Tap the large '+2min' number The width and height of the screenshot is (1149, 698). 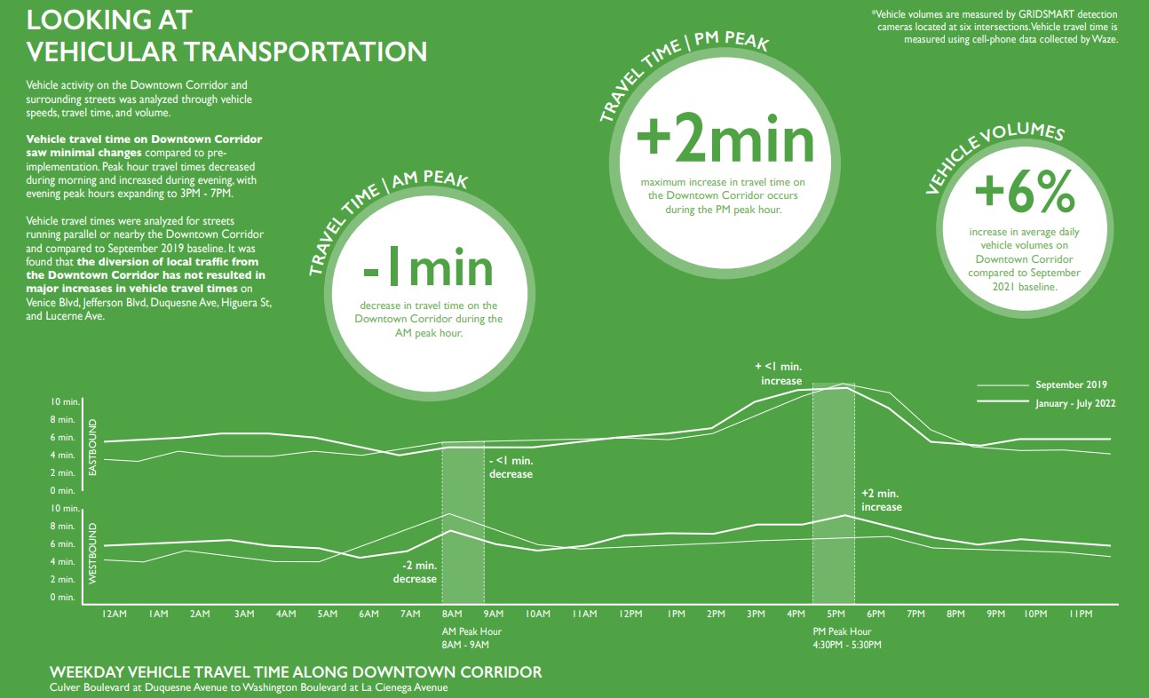pyautogui.click(x=725, y=141)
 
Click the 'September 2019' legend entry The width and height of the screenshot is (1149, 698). pyautogui.click(x=1071, y=385)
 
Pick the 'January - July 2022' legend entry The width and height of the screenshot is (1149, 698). pyautogui.click(x=1074, y=403)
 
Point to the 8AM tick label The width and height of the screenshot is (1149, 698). pyautogui.click(x=452, y=614)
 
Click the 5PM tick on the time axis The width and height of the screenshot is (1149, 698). pyautogui.click(x=836, y=614)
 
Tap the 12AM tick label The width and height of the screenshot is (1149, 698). pyautogui.click(x=115, y=614)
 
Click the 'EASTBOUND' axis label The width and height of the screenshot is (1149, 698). pyautogui.click(x=91, y=447)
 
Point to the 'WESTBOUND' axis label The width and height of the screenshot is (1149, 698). pyautogui.click(x=91, y=552)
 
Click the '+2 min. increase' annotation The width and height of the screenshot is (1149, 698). pyautogui.click(x=881, y=500)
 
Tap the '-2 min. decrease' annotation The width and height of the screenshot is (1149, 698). pyautogui.click(x=415, y=572)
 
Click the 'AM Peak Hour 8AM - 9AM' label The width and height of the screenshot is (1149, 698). pyautogui.click(x=471, y=638)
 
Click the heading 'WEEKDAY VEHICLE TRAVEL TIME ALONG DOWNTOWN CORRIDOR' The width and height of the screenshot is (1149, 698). pyautogui.click(x=296, y=672)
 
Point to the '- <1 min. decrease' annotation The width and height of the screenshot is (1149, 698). pyautogui.click(x=511, y=467)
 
